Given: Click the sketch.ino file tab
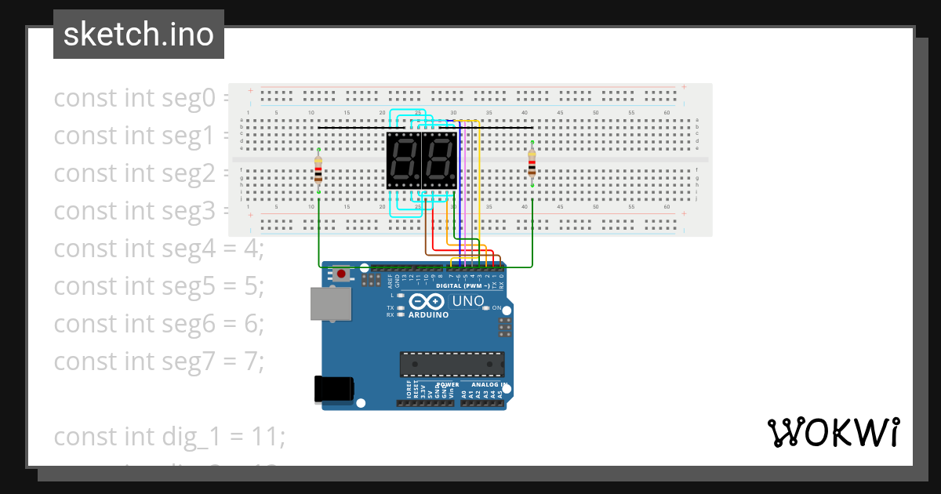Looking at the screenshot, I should click(x=139, y=35).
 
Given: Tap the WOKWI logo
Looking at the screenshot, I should click(x=833, y=433).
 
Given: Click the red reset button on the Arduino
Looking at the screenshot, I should click(x=342, y=274).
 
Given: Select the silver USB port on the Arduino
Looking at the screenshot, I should click(x=330, y=303).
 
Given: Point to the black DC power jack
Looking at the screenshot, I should click(x=334, y=390).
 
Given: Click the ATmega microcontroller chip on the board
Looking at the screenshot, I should click(x=452, y=365).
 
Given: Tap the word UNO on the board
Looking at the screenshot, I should click(x=469, y=301).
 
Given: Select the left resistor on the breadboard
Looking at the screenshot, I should click(x=318, y=170).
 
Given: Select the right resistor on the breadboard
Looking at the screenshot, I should click(x=532, y=165).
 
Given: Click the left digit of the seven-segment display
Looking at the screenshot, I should click(x=404, y=160).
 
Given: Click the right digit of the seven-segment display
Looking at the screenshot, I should click(x=439, y=160).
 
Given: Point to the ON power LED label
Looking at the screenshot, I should click(x=496, y=308).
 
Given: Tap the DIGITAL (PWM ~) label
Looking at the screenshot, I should click(x=463, y=286).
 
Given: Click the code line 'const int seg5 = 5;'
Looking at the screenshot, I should click(x=159, y=286).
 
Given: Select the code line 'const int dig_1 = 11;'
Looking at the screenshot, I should click(x=169, y=436).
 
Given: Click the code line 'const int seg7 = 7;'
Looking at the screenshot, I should click(x=159, y=361).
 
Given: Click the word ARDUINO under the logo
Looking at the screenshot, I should click(x=428, y=314).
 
